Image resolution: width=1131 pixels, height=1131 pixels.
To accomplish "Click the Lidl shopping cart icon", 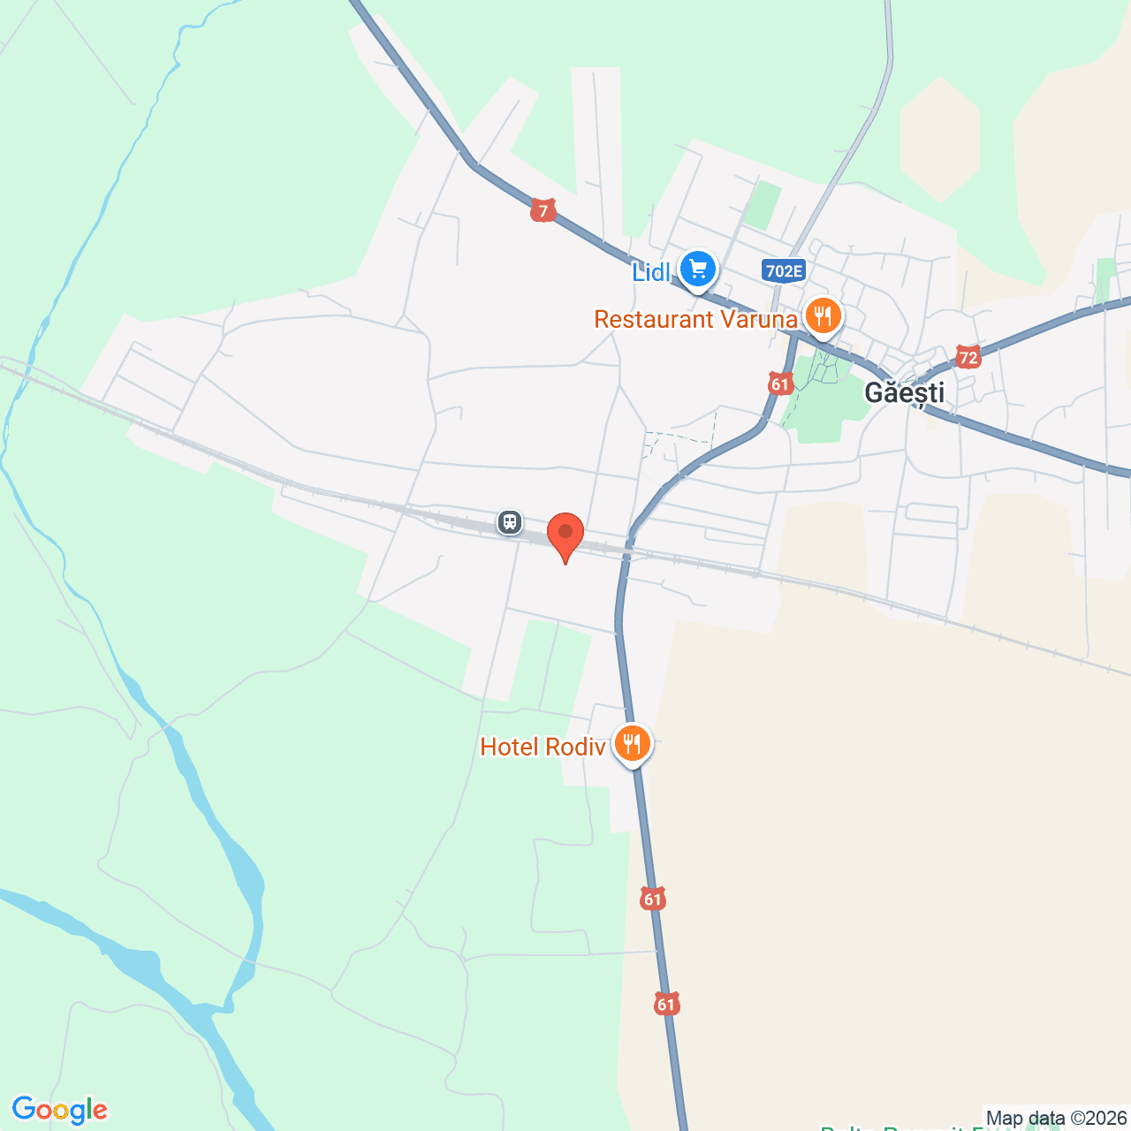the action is pyautogui.click(x=698, y=268).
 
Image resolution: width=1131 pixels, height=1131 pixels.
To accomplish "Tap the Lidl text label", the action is pyautogui.click(x=651, y=272).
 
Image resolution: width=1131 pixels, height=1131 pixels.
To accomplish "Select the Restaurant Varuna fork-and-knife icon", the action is pyautogui.click(x=823, y=315).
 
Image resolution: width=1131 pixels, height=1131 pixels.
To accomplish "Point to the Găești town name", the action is pyautogui.click(x=904, y=392).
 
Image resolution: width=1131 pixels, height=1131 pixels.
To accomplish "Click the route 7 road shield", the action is pyautogui.click(x=543, y=211).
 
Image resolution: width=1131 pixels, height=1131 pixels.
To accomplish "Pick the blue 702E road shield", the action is pyautogui.click(x=784, y=270).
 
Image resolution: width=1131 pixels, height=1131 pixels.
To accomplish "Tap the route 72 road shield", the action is pyautogui.click(x=968, y=358).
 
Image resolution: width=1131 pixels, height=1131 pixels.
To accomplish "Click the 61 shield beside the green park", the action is pyautogui.click(x=779, y=383).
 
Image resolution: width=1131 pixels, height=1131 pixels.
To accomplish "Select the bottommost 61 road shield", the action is pyautogui.click(x=666, y=1004).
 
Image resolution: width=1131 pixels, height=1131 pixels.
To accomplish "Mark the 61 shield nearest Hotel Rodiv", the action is pyautogui.click(x=652, y=899).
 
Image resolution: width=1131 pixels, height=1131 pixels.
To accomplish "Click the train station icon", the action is pyautogui.click(x=509, y=521).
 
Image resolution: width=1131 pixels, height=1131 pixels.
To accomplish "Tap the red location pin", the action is pyautogui.click(x=565, y=534).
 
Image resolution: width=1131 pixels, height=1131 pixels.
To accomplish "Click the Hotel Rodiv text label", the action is pyautogui.click(x=543, y=747).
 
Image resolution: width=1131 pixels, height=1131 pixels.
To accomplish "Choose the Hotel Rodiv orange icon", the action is pyautogui.click(x=632, y=743).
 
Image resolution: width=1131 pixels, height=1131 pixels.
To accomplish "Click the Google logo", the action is pyautogui.click(x=60, y=1110).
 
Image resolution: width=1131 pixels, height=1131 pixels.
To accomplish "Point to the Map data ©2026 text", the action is pyautogui.click(x=1056, y=1118).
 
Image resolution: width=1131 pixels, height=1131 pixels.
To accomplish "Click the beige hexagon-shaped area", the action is pyautogui.click(x=940, y=139).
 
